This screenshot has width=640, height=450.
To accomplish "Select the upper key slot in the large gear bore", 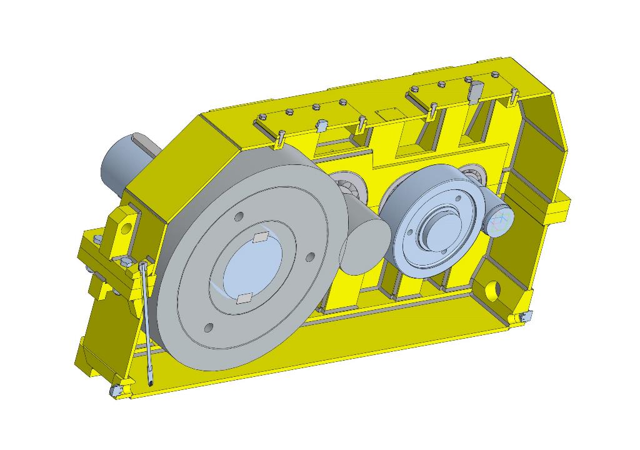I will click(x=261, y=237).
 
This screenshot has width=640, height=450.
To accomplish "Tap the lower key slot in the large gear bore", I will click(x=245, y=298).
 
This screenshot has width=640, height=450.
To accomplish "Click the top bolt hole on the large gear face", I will click(x=239, y=216).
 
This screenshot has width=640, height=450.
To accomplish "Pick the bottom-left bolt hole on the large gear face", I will click(x=208, y=327).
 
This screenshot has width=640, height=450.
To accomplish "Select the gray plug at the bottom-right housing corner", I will click(x=524, y=318).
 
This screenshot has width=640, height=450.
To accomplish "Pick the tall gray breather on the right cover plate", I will click(x=475, y=91).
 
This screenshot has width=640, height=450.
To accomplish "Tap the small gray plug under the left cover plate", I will click(x=322, y=126).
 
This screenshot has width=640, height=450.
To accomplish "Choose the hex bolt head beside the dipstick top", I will click(x=127, y=261).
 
